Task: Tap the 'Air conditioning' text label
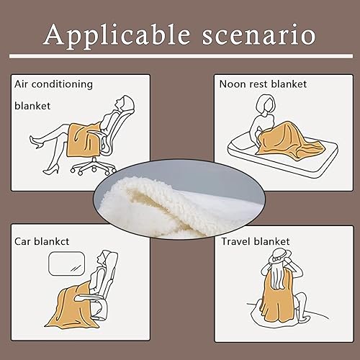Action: pyautogui.click(x=53, y=84)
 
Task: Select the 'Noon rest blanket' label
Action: pyautogui.click(x=263, y=84)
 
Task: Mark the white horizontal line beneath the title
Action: pyautogui.click(x=180, y=56)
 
